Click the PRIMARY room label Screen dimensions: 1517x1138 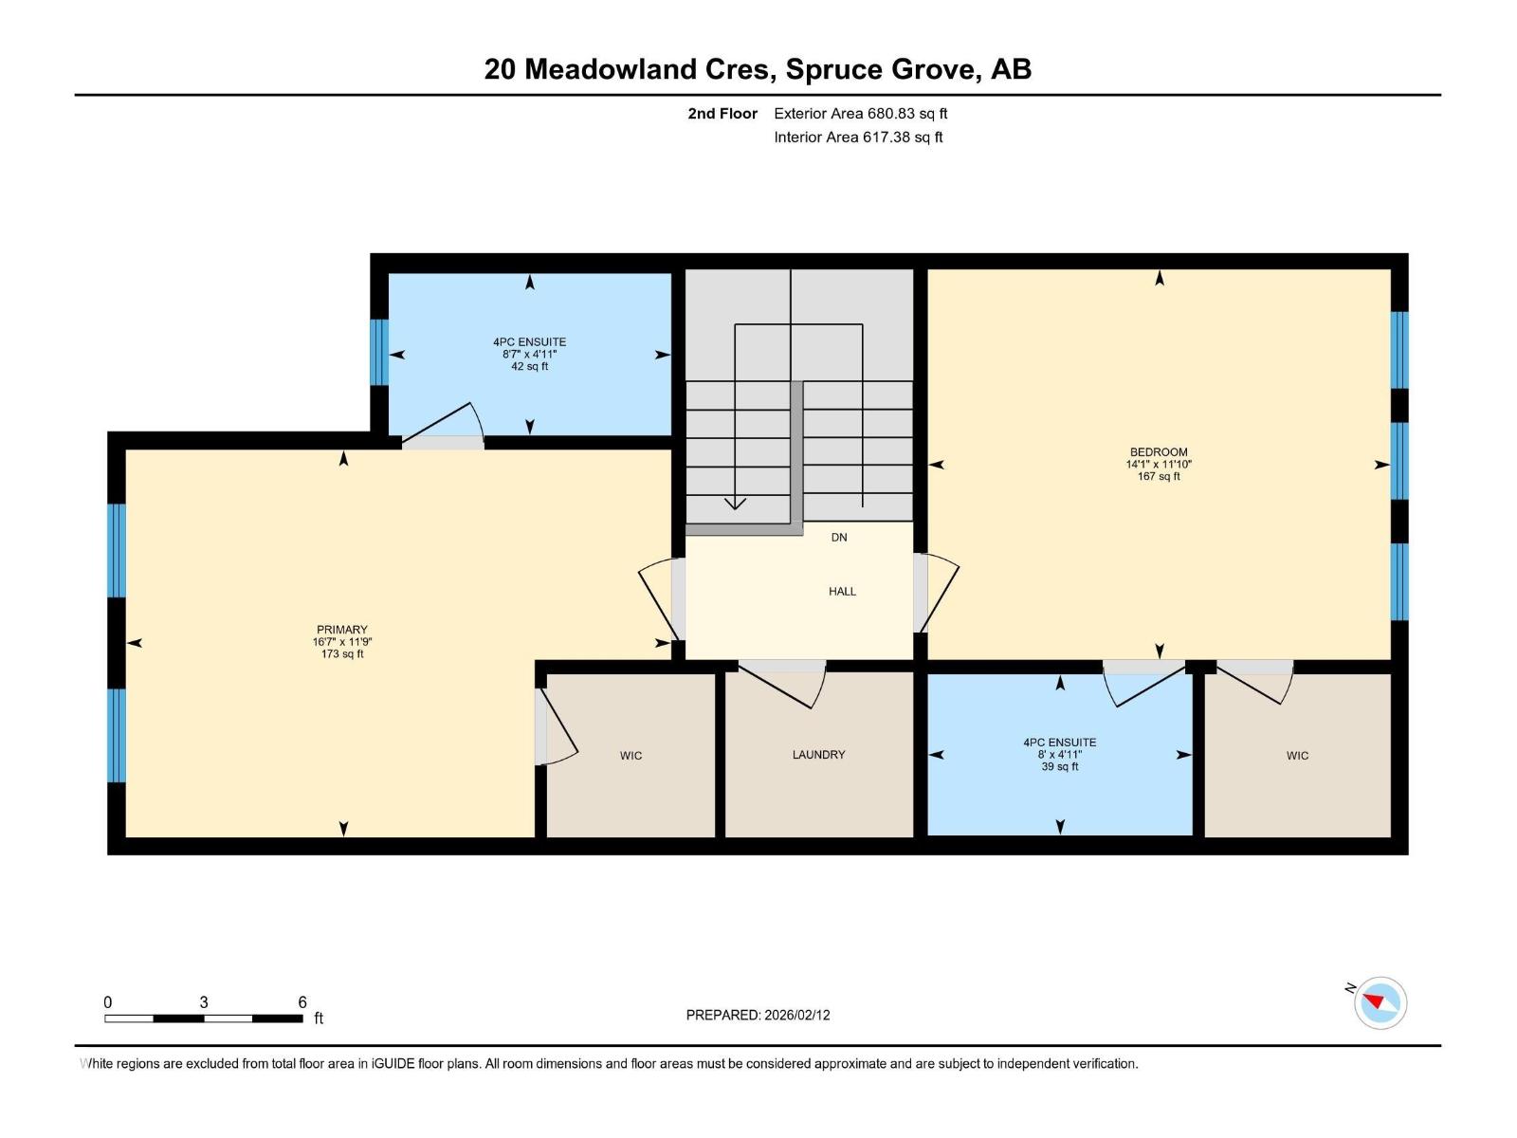(x=342, y=630)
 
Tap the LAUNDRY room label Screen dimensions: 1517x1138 (x=818, y=755)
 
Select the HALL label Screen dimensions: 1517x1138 (x=842, y=592)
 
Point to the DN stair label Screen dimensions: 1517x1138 (x=839, y=538)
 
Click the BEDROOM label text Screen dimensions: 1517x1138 (x=1159, y=452)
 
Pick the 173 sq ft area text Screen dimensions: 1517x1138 (x=342, y=653)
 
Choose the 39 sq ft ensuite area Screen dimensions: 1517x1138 (x=1059, y=766)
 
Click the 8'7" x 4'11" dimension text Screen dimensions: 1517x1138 (x=529, y=354)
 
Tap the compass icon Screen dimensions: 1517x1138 (x=1380, y=1002)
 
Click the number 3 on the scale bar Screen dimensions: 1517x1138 (x=204, y=1002)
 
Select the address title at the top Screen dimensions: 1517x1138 (x=758, y=69)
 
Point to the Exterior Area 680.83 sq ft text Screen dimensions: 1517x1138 (x=861, y=113)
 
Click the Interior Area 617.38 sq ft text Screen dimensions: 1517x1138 (x=858, y=137)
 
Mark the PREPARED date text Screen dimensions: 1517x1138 (x=758, y=1015)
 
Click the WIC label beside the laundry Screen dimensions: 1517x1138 (x=631, y=756)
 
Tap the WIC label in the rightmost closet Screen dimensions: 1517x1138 (x=1297, y=756)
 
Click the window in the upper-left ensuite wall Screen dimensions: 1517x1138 (x=378, y=352)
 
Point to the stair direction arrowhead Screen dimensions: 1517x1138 (x=735, y=503)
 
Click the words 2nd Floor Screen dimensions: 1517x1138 (x=722, y=113)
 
